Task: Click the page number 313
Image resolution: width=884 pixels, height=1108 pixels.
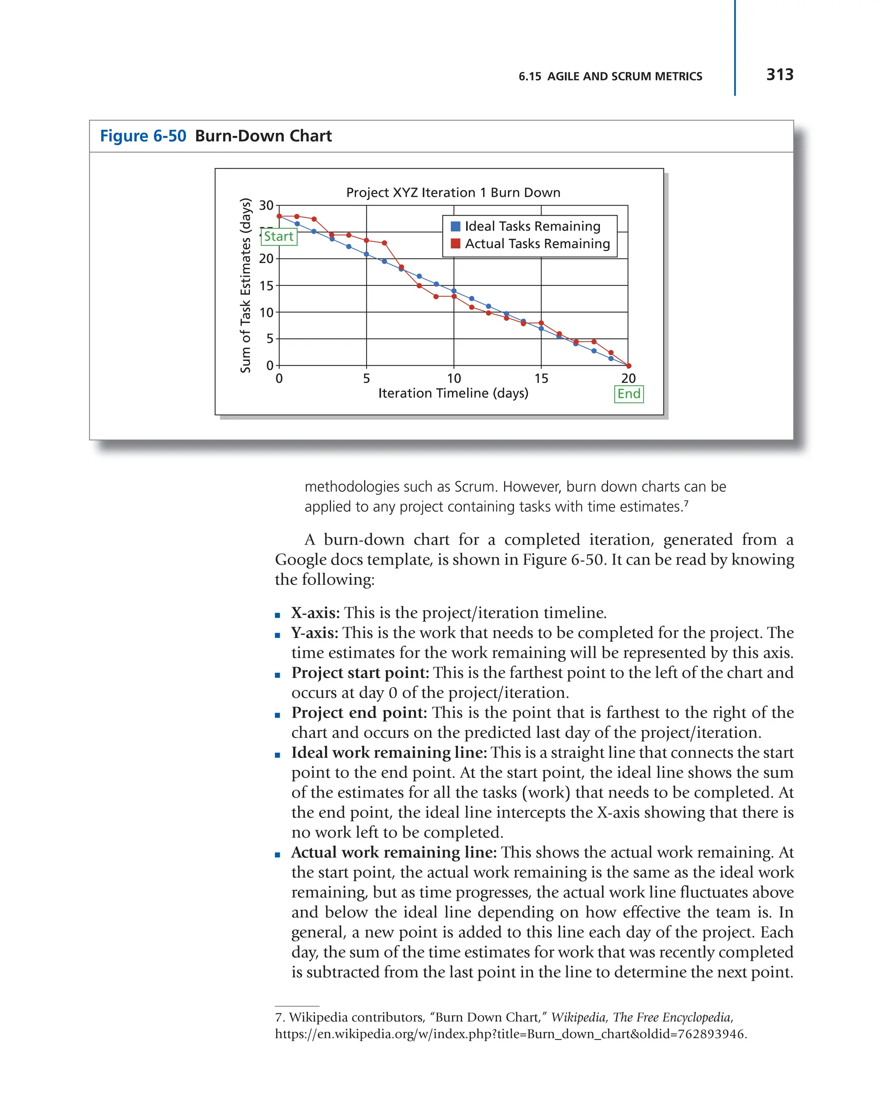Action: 779,75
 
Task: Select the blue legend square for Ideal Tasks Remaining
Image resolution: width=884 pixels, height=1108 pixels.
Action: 455,226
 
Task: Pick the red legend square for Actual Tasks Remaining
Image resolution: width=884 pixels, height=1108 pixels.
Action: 455,244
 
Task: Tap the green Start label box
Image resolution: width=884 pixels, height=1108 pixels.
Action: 279,236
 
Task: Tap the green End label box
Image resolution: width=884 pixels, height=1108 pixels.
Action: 628,394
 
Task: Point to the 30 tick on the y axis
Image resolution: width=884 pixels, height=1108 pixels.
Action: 266,206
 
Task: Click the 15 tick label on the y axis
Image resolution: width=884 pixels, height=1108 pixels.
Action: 266,286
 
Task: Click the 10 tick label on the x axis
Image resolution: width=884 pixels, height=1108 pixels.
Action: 454,379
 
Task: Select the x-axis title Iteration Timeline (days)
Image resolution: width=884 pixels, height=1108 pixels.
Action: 453,393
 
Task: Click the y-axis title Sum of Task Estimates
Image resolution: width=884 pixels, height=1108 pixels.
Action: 246,285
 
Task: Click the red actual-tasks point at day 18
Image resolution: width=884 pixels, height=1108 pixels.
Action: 594,341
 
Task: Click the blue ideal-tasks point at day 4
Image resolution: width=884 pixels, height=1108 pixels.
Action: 349,247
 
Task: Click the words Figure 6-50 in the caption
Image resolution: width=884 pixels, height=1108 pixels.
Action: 143,136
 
